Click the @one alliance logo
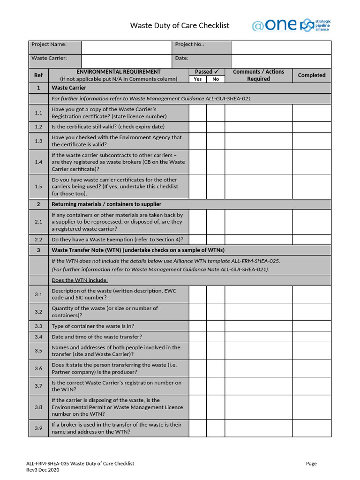[x=291, y=25]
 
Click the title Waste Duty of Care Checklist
[x=180, y=25]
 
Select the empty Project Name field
[x=126, y=47]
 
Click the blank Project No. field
[x=281, y=47]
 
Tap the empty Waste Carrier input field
[x=126, y=61]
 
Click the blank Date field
[x=281, y=61]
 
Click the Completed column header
[x=312, y=75]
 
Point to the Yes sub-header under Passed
[x=198, y=79]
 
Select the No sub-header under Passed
[x=216, y=79]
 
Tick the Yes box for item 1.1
[x=198, y=112]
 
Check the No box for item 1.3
[x=216, y=141]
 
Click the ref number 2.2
[x=38, y=240]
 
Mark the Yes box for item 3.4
[x=198, y=337]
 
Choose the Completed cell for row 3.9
[x=312, y=428]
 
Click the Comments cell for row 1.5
[x=259, y=187]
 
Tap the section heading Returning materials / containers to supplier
[x=106, y=204]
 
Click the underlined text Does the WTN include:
[x=80, y=280]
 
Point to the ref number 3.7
[x=38, y=386]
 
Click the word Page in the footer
[x=311, y=464]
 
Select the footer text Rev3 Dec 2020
[x=43, y=470]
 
